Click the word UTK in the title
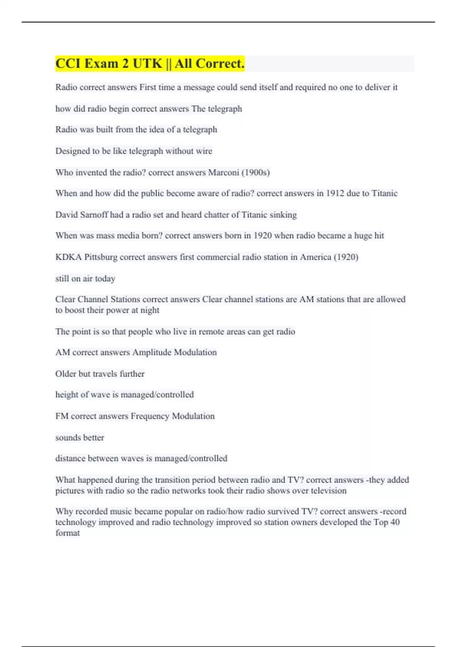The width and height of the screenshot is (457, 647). [x=147, y=64]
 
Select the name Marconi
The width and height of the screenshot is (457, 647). [x=224, y=172]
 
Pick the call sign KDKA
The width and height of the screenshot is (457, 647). [x=69, y=257]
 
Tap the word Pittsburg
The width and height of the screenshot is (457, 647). [x=101, y=257]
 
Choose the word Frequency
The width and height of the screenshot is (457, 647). [x=150, y=416]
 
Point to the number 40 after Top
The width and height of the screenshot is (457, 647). [x=395, y=522]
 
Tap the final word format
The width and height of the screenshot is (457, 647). [x=67, y=533]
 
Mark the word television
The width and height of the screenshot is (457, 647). [x=329, y=491]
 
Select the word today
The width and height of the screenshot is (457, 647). [x=105, y=279]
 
